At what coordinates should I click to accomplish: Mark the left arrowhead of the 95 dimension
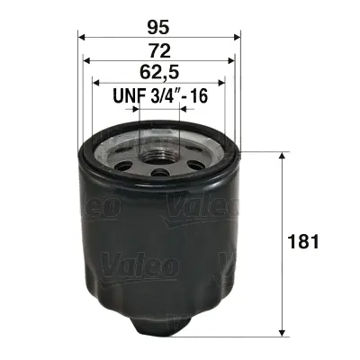pos(82,37)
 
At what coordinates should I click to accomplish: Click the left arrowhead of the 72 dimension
pos(86,60)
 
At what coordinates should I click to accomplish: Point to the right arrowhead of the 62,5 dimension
pos(224,83)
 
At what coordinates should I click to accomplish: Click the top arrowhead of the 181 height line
pos(283,156)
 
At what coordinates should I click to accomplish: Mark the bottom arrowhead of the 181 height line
pos(283,329)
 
